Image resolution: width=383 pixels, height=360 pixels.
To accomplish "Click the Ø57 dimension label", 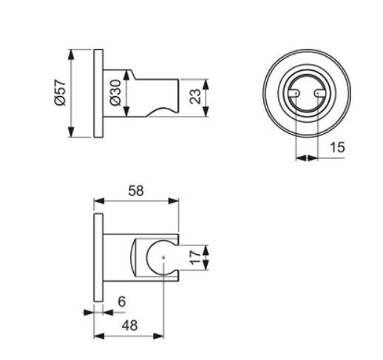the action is click(x=61, y=92).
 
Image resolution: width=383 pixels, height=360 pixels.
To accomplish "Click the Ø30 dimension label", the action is click(x=116, y=92).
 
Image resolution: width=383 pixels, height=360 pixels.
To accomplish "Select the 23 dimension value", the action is click(x=195, y=96).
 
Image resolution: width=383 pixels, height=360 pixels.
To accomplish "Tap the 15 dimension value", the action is click(x=337, y=147).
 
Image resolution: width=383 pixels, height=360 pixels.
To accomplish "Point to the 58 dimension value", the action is click(x=136, y=191).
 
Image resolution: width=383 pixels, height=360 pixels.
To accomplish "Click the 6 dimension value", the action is click(x=122, y=302).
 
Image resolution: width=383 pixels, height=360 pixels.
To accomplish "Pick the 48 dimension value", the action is click(x=129, y=325).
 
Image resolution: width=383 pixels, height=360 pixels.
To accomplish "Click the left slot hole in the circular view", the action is click(x=295, y=93).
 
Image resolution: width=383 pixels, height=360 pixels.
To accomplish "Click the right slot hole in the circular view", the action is click(x=318, y=93).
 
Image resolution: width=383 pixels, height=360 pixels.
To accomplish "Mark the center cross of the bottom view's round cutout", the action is click(x=163, y=257).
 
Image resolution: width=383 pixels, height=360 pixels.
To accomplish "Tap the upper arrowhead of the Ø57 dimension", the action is click(x=71, y=55).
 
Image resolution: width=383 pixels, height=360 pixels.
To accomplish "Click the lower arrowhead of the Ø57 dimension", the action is click(x=71, y=132).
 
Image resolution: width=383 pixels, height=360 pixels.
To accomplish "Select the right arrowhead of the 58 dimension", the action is click(x=174, y=201).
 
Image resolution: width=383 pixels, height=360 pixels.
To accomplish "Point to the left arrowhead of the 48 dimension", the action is click(x=99, y=336).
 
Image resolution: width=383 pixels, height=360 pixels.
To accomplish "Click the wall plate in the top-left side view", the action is click(x=98, y=93).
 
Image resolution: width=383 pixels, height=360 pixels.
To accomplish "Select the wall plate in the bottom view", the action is click(x=98, y=257).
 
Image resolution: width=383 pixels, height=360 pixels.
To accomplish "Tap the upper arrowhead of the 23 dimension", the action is click(x=206, y=84).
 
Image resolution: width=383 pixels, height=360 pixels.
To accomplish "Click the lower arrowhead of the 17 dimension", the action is click(x=206, y=265).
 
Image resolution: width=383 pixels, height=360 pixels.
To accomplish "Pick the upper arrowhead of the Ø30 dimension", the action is click(x=126, y=75).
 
